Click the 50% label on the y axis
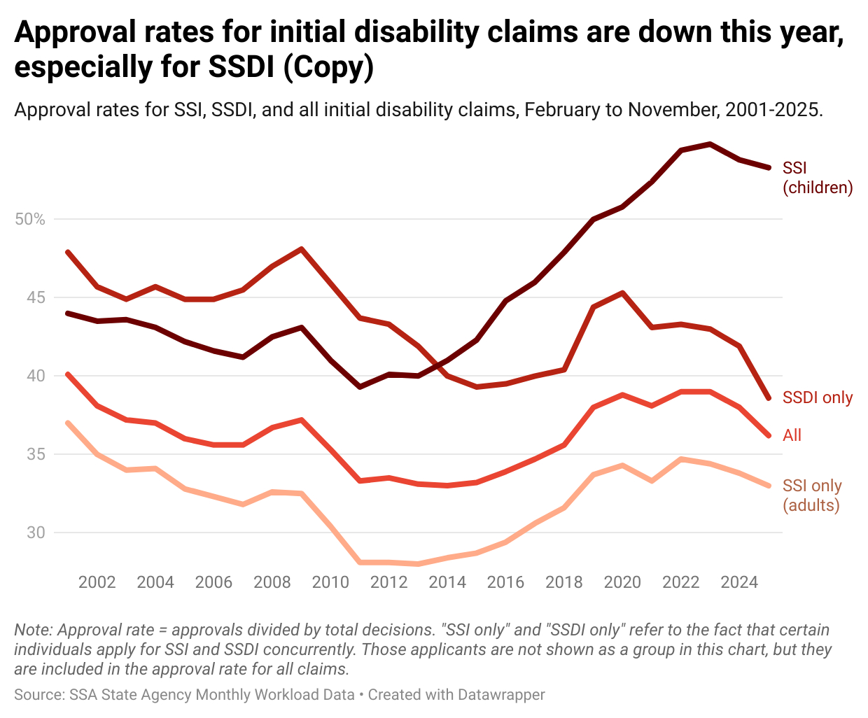(29, 220)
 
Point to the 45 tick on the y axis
(35, 298)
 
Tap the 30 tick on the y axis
(35, 533)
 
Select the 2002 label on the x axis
(97, 582)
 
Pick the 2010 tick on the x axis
(330, 582)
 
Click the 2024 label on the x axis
(739, 582)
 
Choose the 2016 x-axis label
(505, 582)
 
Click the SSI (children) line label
(817, 178)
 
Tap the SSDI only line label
(817, 397)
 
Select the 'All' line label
(792, 435)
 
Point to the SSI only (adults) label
(812, 495)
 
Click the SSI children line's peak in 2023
(710, 144)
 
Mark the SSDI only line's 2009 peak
(301, 249)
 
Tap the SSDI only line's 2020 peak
(622, 293)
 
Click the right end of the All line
(769, 435)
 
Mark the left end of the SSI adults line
(68, 423)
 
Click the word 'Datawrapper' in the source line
(501, 695)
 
